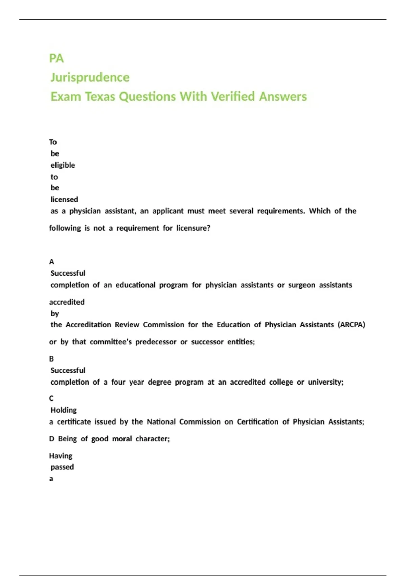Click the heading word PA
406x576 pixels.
pyautogui.click(x=56, y=58)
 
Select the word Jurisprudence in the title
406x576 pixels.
pyautogui.click(x=90, y=78)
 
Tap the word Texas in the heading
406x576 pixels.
pyautogui.click(x=100, y=97)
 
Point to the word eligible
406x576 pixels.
pyautogui.click(x=63, y=165)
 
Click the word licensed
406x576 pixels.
pyautogui.click(x=64, y=200)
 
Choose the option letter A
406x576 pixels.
pyautogui.click(x=51, y=262)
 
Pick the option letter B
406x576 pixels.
pyautogui.click(x=51, y=359)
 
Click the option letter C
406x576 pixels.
pyautogui.click(x=51, y=398)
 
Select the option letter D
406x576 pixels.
pyautogui.click(x=51, y=439)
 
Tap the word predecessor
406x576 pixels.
pyautogui.click(x=156, y=342)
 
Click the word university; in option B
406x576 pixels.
pyautogui.click(x=325, y=382)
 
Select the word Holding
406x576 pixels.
pyautogui.click(x=64, y=410)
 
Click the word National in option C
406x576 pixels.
pyautogui.click(x=161, y=422)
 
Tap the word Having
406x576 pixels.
pyautogui.click(x=61, y=456)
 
